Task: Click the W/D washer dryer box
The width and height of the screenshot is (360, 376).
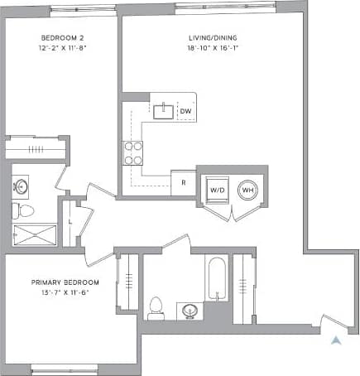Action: [x=218, y=190]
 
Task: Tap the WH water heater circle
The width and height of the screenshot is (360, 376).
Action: [x=247, y=190]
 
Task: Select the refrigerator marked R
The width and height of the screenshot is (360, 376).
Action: [x=182, y=182]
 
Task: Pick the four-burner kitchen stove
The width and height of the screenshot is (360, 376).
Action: [x=133, y=152]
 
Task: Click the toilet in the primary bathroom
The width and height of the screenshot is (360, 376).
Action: [x=155, y=309]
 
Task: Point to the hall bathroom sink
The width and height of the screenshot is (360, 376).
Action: [x=21, y=186]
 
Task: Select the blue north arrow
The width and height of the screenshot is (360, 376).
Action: [x=334, y=340]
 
